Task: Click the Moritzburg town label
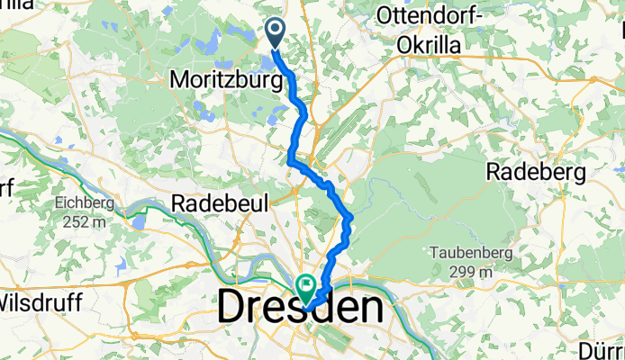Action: (x=216, y=80)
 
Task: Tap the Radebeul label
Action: (x=220, y=203)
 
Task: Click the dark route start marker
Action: (x=276, y=34)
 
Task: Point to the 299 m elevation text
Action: (x=463, y=271)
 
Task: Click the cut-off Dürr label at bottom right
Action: (x=603, y=346)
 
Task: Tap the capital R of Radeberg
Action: (x=494, y=171)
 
